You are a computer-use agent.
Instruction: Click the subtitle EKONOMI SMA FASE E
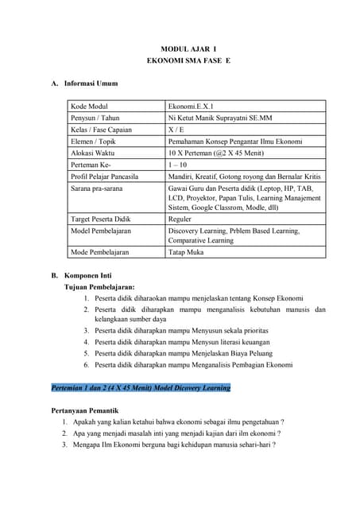click(x=188, y=61)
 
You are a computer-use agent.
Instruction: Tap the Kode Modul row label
click(x=89, y=107)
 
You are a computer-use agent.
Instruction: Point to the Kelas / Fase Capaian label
click(x=101, y=130)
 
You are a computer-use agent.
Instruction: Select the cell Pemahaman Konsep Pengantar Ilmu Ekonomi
click(x=234, y=141)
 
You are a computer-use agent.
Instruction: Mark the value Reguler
click(x=180, y=218)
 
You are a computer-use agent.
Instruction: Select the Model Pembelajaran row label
click(x=101, y=231)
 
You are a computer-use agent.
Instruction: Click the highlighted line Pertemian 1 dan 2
click(x=141, y=387)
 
